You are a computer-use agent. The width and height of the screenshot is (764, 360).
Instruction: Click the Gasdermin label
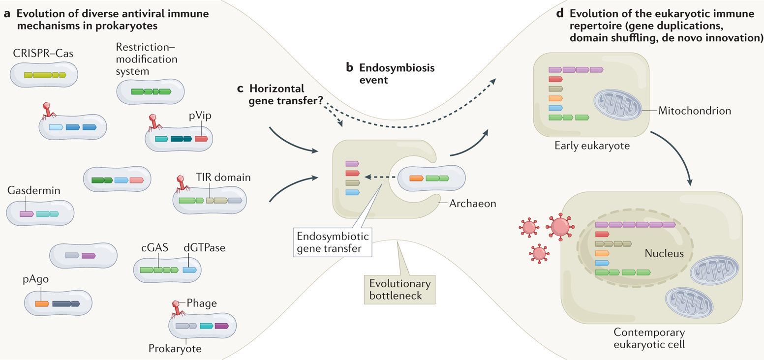(33, 190)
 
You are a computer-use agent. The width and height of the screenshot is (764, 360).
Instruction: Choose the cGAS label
(154, 248)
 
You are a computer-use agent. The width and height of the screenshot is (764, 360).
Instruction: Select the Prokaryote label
(175, 349)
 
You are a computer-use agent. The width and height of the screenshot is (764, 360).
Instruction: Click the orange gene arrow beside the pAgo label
(41, 303)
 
